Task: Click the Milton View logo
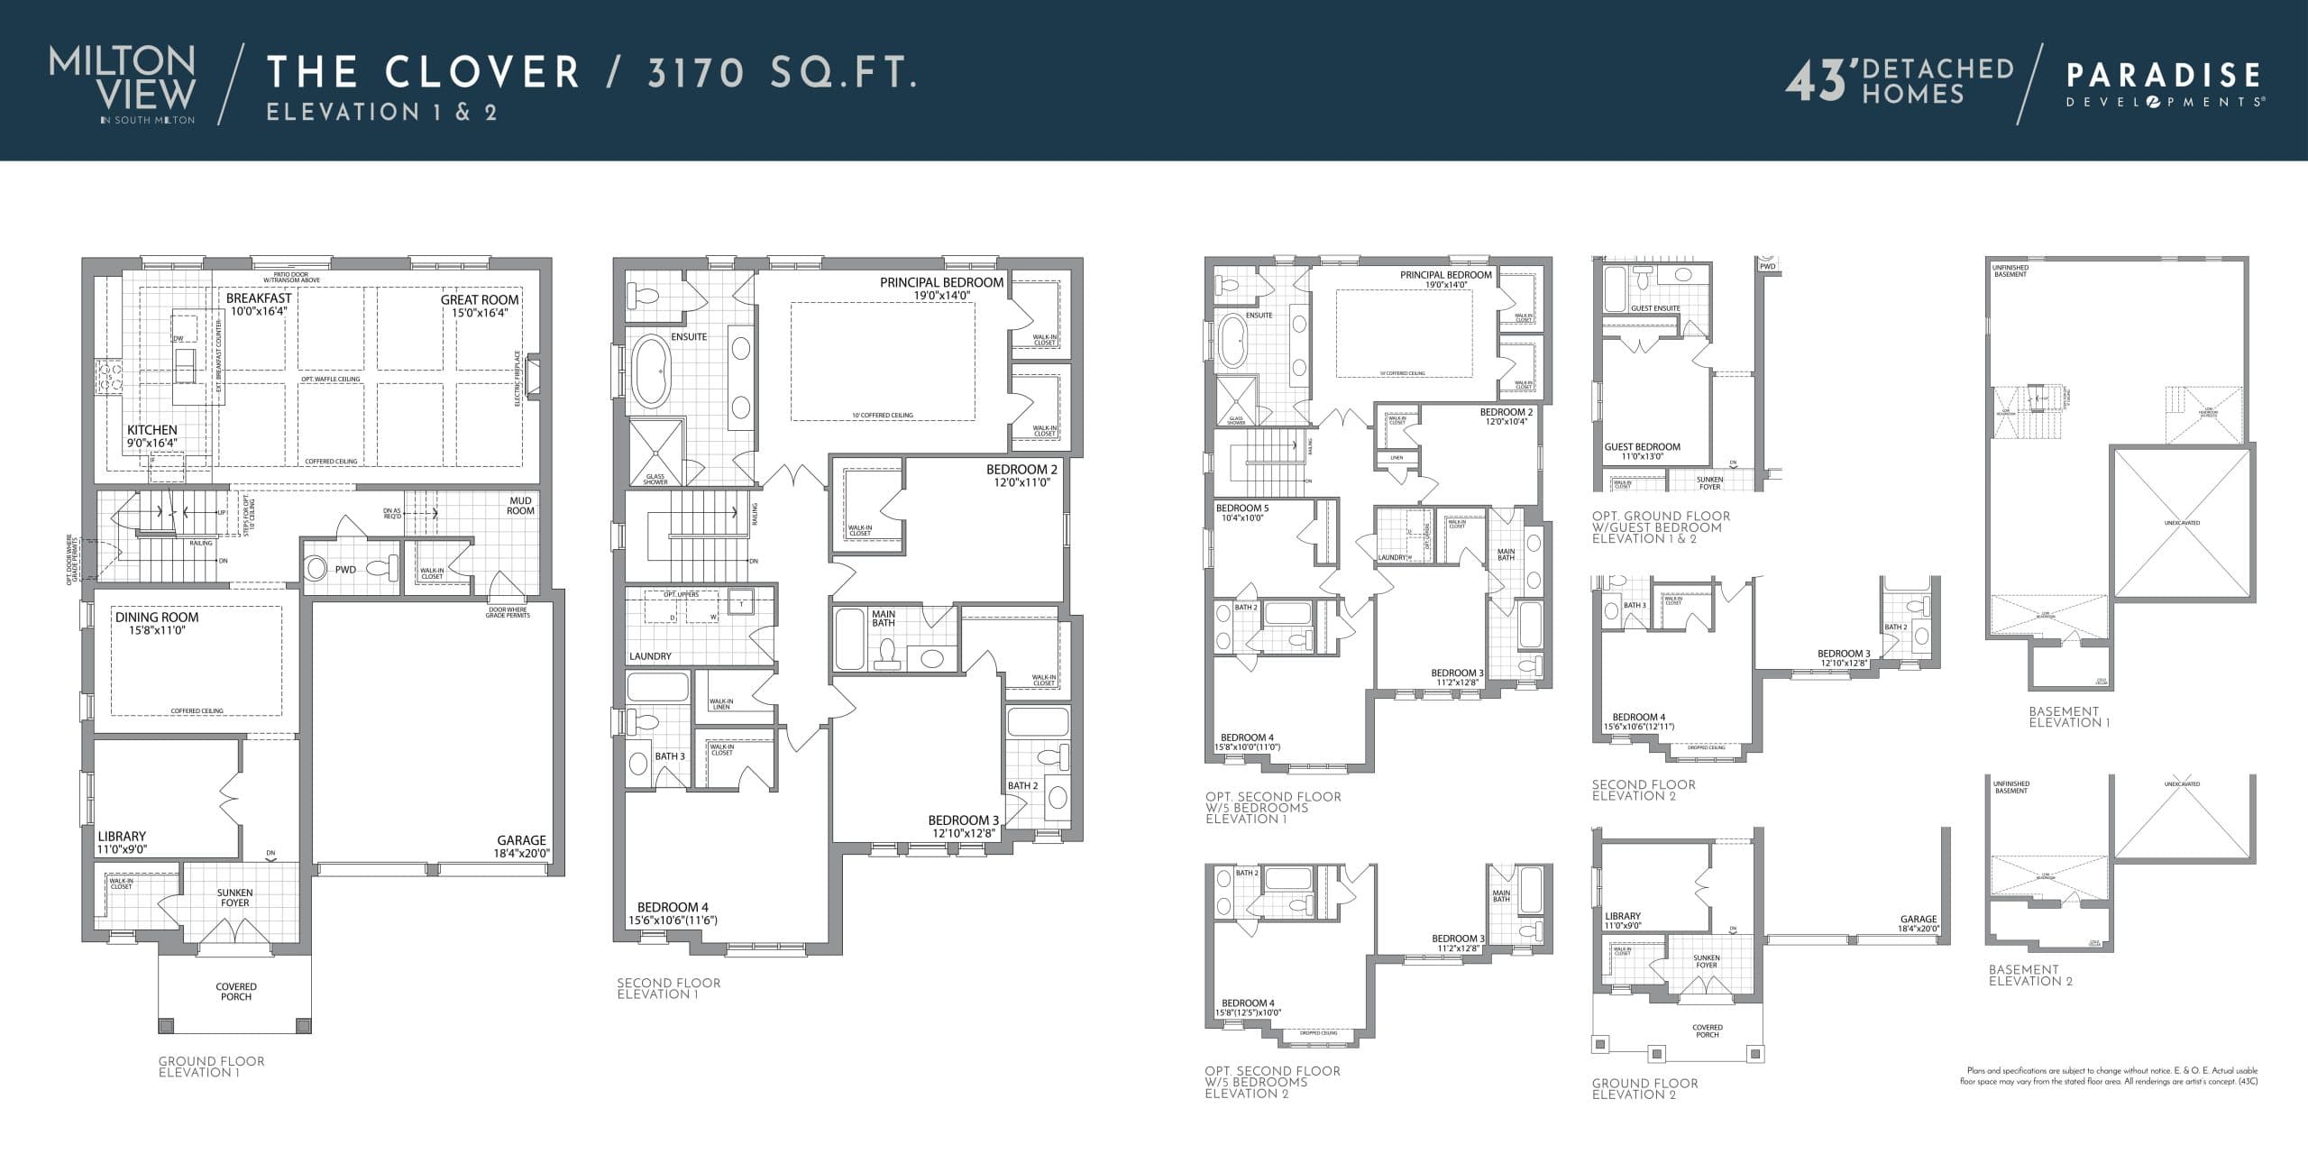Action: pyautogui.click(x=122, y=84)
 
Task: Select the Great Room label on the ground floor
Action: pyautogui.click(x=480, y=306)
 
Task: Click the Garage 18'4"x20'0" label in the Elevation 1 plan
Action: pyautogui.click(x=521, y=847)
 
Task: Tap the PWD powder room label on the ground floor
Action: pyautogui.click(x=345, y=570)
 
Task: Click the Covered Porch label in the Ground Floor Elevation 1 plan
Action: pyautogui.click(x=236, y=992)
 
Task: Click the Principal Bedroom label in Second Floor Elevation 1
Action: pyautogui.click(x=941, y=288)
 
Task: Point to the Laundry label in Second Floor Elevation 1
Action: pyautogui.click(x=650, y=656)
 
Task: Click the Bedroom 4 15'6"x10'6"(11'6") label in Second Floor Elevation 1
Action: pyautogui.click(x=673, y=913)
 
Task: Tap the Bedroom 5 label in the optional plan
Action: pyautogui.click(x=1241, y=513)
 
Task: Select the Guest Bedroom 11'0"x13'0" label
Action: pyautogui.click(x=1642, y=451)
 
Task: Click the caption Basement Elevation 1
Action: pyautogui.click(x=2069, y=717)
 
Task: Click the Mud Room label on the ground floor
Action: pyautogui.click(x=520, y=506)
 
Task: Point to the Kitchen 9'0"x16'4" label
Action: pyautogui.click(x=151, y=435)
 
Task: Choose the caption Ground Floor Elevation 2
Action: pyautogui.click(x=1644, y=1088)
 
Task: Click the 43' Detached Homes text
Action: pyautogui.click(x=1900, y=81)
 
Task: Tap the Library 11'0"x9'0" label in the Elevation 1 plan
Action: pyautogui.click(x=122, y=842)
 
